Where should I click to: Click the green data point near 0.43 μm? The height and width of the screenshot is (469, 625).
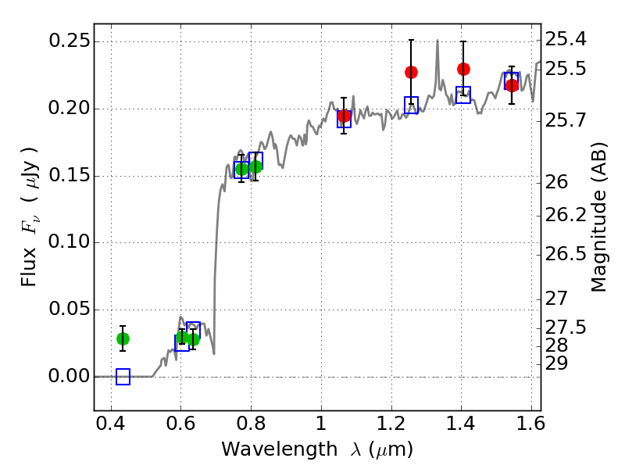pos(123,339)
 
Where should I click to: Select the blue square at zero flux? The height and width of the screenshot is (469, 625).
pos(123,377)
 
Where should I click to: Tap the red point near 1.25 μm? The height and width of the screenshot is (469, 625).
pos(412,72)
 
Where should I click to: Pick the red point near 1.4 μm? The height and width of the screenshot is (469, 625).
pos(463,69)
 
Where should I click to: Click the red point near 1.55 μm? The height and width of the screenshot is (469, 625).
pos(512,85)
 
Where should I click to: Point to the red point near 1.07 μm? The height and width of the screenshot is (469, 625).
pos(344,116)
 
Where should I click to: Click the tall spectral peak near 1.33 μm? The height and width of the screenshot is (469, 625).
pos(437,41)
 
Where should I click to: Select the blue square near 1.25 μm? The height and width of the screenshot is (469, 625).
pos(412,106)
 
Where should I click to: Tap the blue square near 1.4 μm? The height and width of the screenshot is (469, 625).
pos(463,95)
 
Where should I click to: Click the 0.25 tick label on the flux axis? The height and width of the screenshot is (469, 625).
pos(69,41)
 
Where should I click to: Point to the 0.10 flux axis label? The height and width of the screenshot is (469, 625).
pos(69,242)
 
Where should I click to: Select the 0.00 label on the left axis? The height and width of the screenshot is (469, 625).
pos(69,376)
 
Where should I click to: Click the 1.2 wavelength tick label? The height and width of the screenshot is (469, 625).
pos(391,424)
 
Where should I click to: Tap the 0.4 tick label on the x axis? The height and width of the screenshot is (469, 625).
pos(111,424)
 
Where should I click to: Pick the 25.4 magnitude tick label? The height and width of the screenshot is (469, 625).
pos(566,39)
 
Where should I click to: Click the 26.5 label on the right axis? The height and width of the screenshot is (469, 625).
pos(566,254)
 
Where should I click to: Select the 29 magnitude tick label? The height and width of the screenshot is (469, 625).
pos(556,363)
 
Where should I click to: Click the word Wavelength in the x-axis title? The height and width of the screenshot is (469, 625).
pos(280,449)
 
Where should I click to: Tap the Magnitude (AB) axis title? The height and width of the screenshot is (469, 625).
pos(598,217)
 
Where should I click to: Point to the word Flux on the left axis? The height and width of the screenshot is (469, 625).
pos(29,267)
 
